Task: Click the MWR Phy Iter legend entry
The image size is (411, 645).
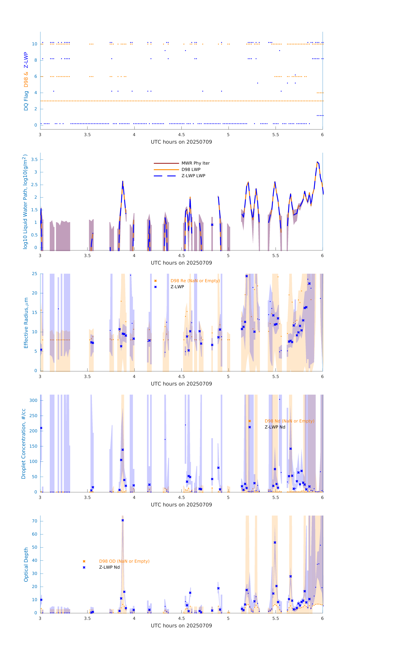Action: [x=195, y=163]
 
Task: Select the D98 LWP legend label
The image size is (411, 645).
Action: [x=191, y=169]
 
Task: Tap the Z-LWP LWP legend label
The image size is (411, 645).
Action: [x=193, y=176]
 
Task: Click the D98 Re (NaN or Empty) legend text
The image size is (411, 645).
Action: [x=195, y=281]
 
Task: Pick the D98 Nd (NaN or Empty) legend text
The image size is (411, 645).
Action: [x=289, y=421]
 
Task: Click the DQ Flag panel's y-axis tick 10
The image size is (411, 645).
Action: [x=34, y=44]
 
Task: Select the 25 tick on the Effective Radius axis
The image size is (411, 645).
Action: [x=34, y=274]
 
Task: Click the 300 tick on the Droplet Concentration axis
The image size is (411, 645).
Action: [x=33, y=400]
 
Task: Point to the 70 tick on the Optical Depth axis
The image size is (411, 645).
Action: [x=34, y=521]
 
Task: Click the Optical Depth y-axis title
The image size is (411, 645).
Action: [x=26, y=565]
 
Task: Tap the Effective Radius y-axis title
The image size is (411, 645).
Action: [x=26, y=323]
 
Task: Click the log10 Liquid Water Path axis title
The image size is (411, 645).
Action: [x=25, y=202]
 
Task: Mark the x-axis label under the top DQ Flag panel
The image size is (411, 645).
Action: [x=181, y=142]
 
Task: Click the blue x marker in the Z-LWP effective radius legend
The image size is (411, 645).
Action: [x=155, y=287]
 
